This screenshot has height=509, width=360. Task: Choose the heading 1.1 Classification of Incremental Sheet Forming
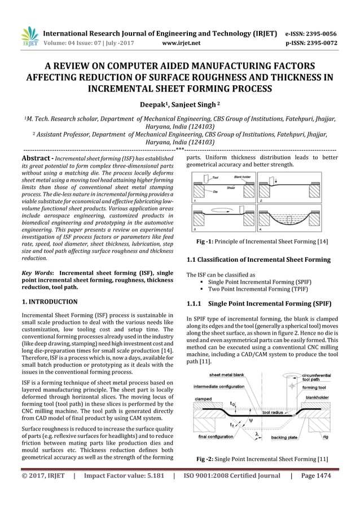[258, 260]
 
